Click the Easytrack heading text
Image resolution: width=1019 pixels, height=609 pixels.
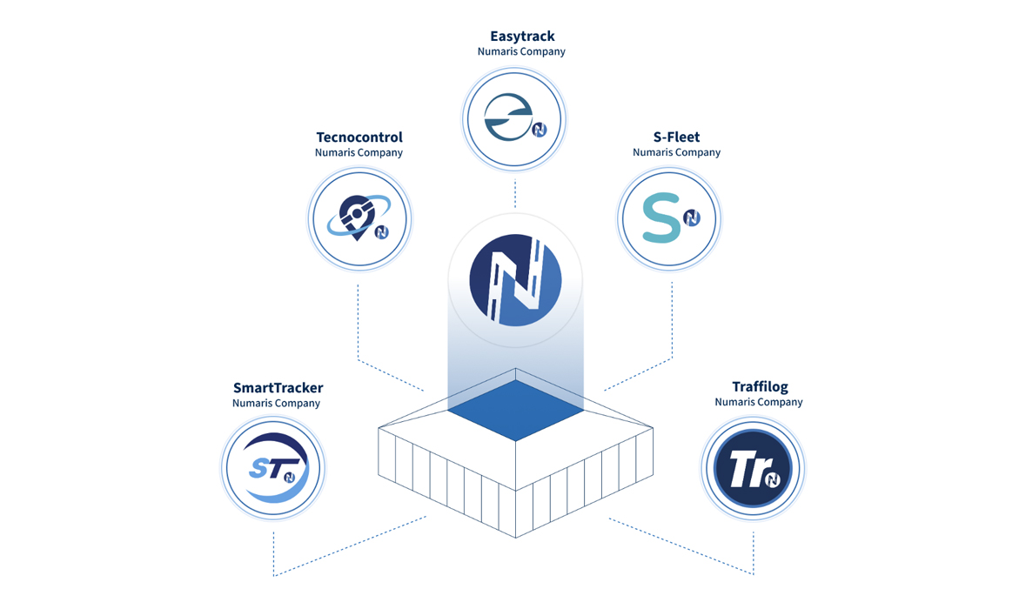point(522,37)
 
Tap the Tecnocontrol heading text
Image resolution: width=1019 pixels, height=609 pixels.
point(359,137)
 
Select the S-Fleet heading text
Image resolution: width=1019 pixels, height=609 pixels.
point(676,137)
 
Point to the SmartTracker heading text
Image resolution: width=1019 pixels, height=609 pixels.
point(278,388)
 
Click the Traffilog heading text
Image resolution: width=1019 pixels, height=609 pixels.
point(760,387)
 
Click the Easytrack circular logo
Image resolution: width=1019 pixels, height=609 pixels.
point(514,119)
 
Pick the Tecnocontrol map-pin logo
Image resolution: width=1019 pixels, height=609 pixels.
point(359,218)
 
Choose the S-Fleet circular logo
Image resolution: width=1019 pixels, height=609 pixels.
point(669,218)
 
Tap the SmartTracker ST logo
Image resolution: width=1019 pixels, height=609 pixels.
point(273,468)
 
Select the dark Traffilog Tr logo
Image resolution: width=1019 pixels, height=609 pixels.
point(753,468)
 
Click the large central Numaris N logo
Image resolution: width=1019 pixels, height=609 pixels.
point(515,280)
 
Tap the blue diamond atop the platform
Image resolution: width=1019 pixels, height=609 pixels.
point(515,410)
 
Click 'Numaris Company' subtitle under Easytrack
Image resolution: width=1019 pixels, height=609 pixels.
point(521,52)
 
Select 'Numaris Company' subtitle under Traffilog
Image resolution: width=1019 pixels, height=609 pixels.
point(759,403)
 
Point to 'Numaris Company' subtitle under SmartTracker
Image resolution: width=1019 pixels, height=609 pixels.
point(276,404)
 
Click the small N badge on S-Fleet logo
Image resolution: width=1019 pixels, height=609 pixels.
point(692,218)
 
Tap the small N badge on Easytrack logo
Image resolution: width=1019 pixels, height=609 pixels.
point(540,130)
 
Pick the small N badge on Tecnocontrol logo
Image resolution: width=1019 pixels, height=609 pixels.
point(381,232)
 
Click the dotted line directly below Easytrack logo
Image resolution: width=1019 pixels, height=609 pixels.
point(515,194)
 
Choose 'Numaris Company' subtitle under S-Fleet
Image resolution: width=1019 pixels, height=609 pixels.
point(676,152)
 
